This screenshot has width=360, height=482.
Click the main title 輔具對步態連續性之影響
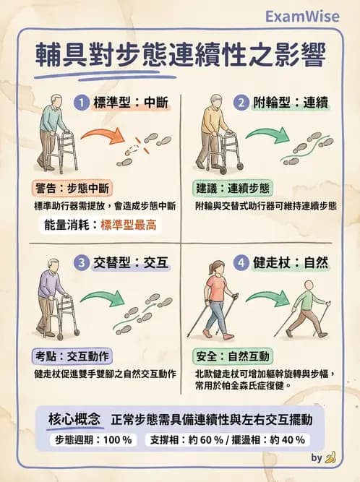181,56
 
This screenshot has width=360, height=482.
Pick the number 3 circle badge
83,262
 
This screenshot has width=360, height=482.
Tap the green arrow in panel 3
102,297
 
